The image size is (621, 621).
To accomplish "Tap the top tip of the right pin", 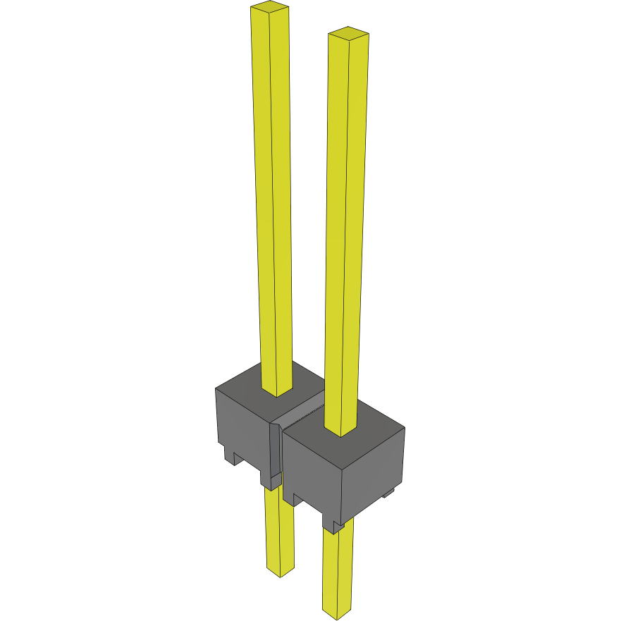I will (x=349, y=33).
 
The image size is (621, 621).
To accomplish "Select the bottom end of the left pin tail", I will (x=280, y=572).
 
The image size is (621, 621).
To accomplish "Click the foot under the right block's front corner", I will (x=332, y=525).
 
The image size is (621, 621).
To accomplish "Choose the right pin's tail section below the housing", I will (x=338, y=571).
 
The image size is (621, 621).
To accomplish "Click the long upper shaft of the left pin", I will (x=272, y=197).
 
